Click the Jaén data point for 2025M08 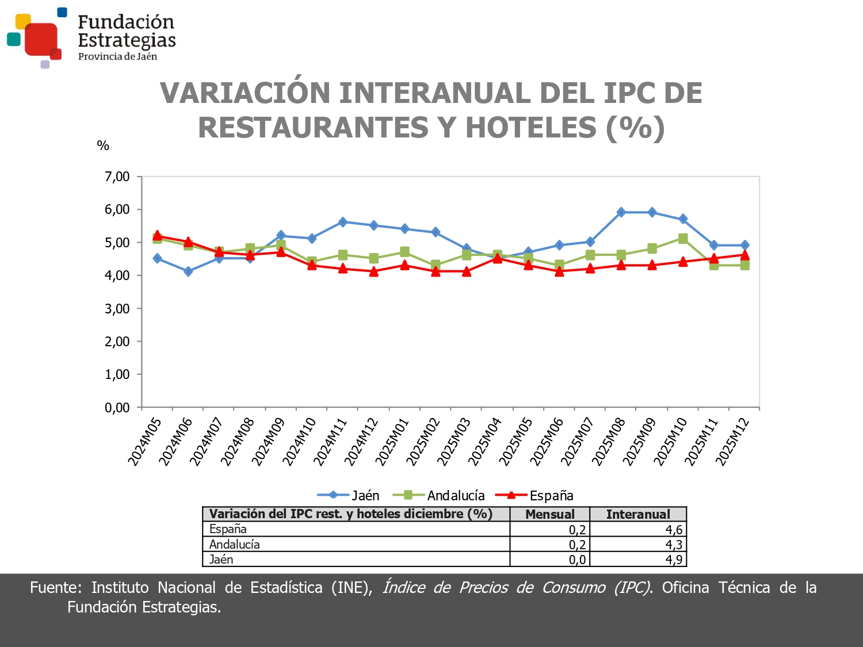point(621,212)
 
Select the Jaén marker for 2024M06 point(188,271)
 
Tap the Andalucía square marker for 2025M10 point(683,239)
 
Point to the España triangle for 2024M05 point(157,236)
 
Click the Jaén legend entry point(349,495)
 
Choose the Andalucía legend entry point(439,495)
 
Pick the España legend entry point(534,495)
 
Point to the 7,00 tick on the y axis point(117,177)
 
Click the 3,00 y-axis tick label point(117,309)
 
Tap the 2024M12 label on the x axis point(361,442)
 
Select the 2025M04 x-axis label point(485,442)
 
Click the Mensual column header point(549,514)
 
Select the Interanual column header point(638,514)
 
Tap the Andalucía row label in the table point(235,545)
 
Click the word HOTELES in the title point(530,128)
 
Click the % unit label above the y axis point(103,146)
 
